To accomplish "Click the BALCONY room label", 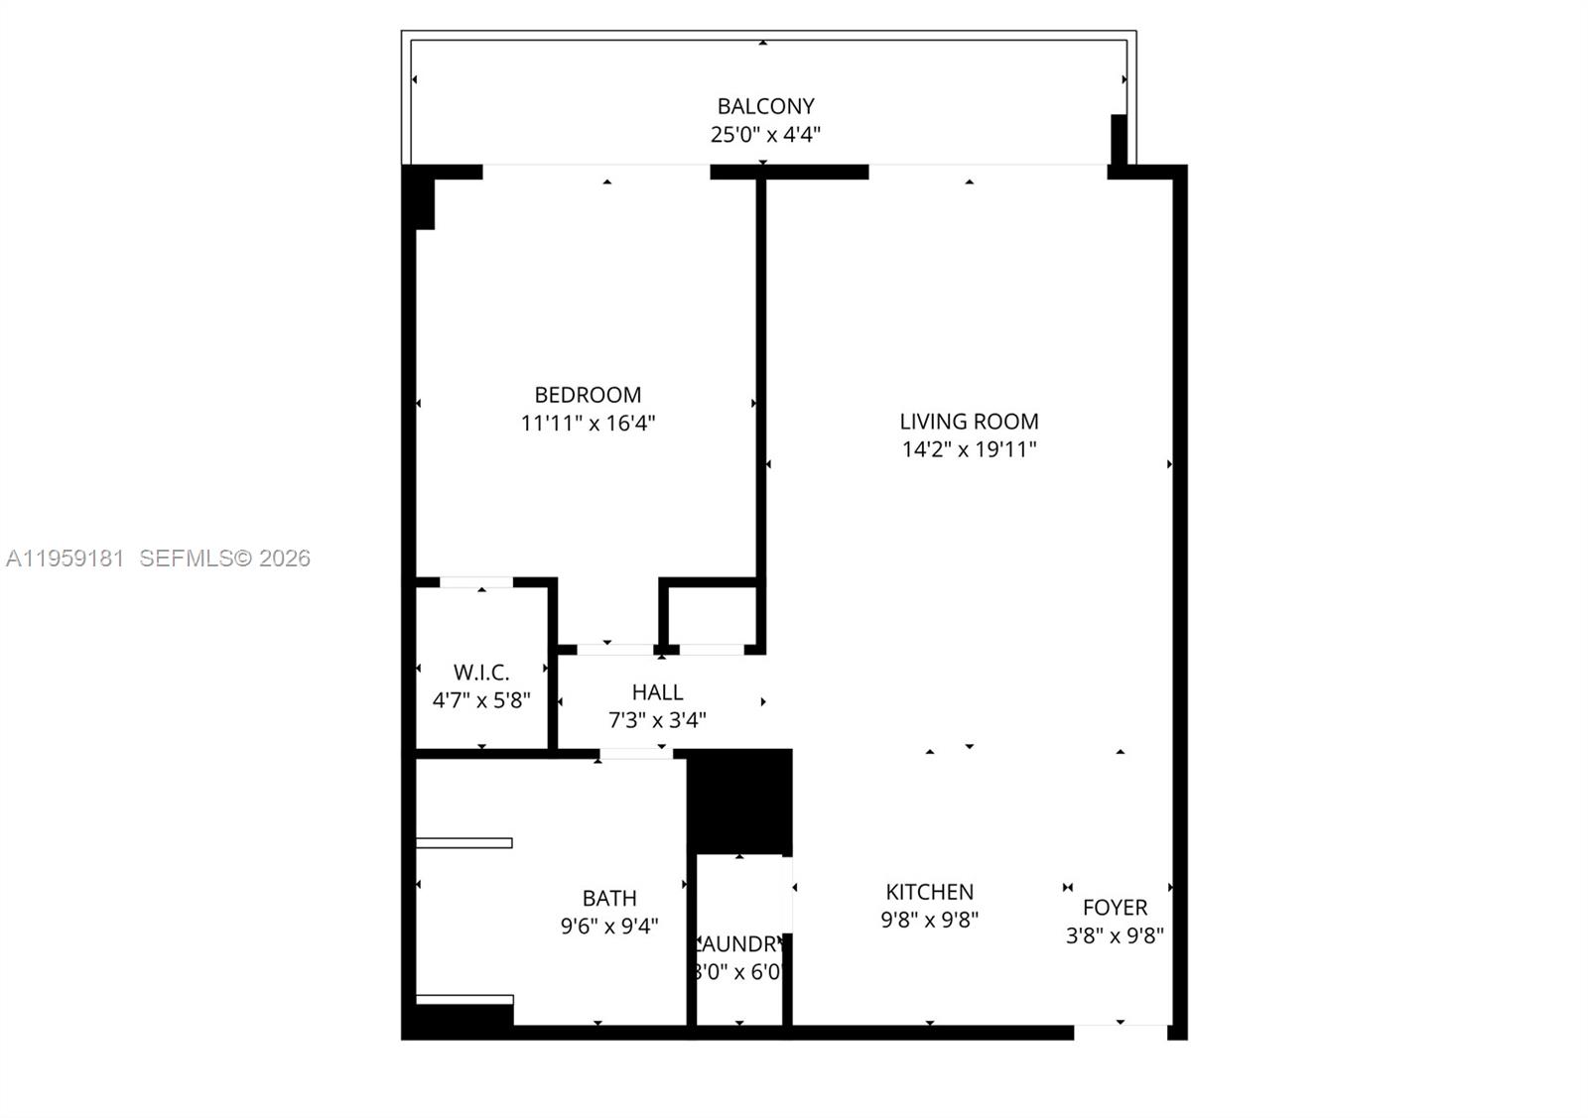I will (x=765, y=106).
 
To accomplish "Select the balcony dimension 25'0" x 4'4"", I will (x=765, y=135).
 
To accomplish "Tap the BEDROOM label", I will (x=588, y=395).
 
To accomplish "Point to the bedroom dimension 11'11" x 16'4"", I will (x=588, y=424).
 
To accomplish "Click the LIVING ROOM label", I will (x=969, y=422).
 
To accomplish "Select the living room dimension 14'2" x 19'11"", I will (x=969, y=449).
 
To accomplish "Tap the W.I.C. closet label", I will (x=481, y=673).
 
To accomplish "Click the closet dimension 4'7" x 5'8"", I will (x=481, y=700).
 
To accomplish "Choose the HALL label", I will (x=657, y=692).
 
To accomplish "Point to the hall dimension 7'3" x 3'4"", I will (x=657, y=720).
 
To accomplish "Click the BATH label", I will (x=609, y=899).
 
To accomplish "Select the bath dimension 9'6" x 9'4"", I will (x=609, y=927).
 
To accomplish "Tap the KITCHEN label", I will (x=930, y=892).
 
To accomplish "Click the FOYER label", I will (x=1115, y=908).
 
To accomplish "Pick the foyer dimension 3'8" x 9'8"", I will (x=1115, y=935).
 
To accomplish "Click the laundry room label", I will (x=740, y=944).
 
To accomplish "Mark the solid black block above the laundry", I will (x=740, y=801).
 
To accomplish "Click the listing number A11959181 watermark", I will (x=66, y=559).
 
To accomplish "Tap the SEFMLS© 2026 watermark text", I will (x=224, y=559).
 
